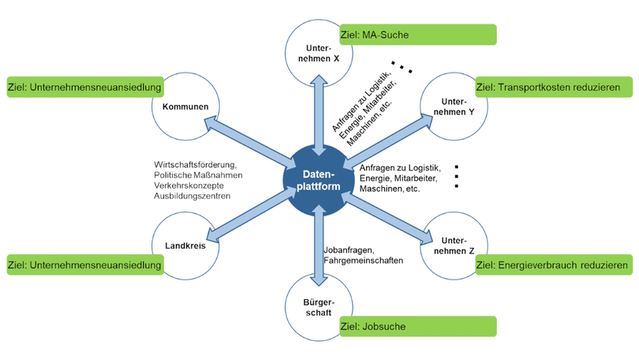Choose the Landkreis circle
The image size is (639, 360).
(x=185, y=245)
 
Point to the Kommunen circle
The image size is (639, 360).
(x=185, y=107)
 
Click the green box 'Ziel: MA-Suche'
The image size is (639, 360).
(x=417, y=34)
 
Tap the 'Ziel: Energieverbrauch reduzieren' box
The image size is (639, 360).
(x=554, y=264)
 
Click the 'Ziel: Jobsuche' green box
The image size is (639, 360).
(x=417, y=325)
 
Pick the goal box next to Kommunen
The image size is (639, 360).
(x=84, y=87)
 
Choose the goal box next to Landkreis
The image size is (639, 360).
(x=84, y=264)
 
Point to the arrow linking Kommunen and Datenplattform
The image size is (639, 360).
(x=245, y=141)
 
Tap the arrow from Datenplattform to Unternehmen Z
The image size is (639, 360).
(x=390, y=216)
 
